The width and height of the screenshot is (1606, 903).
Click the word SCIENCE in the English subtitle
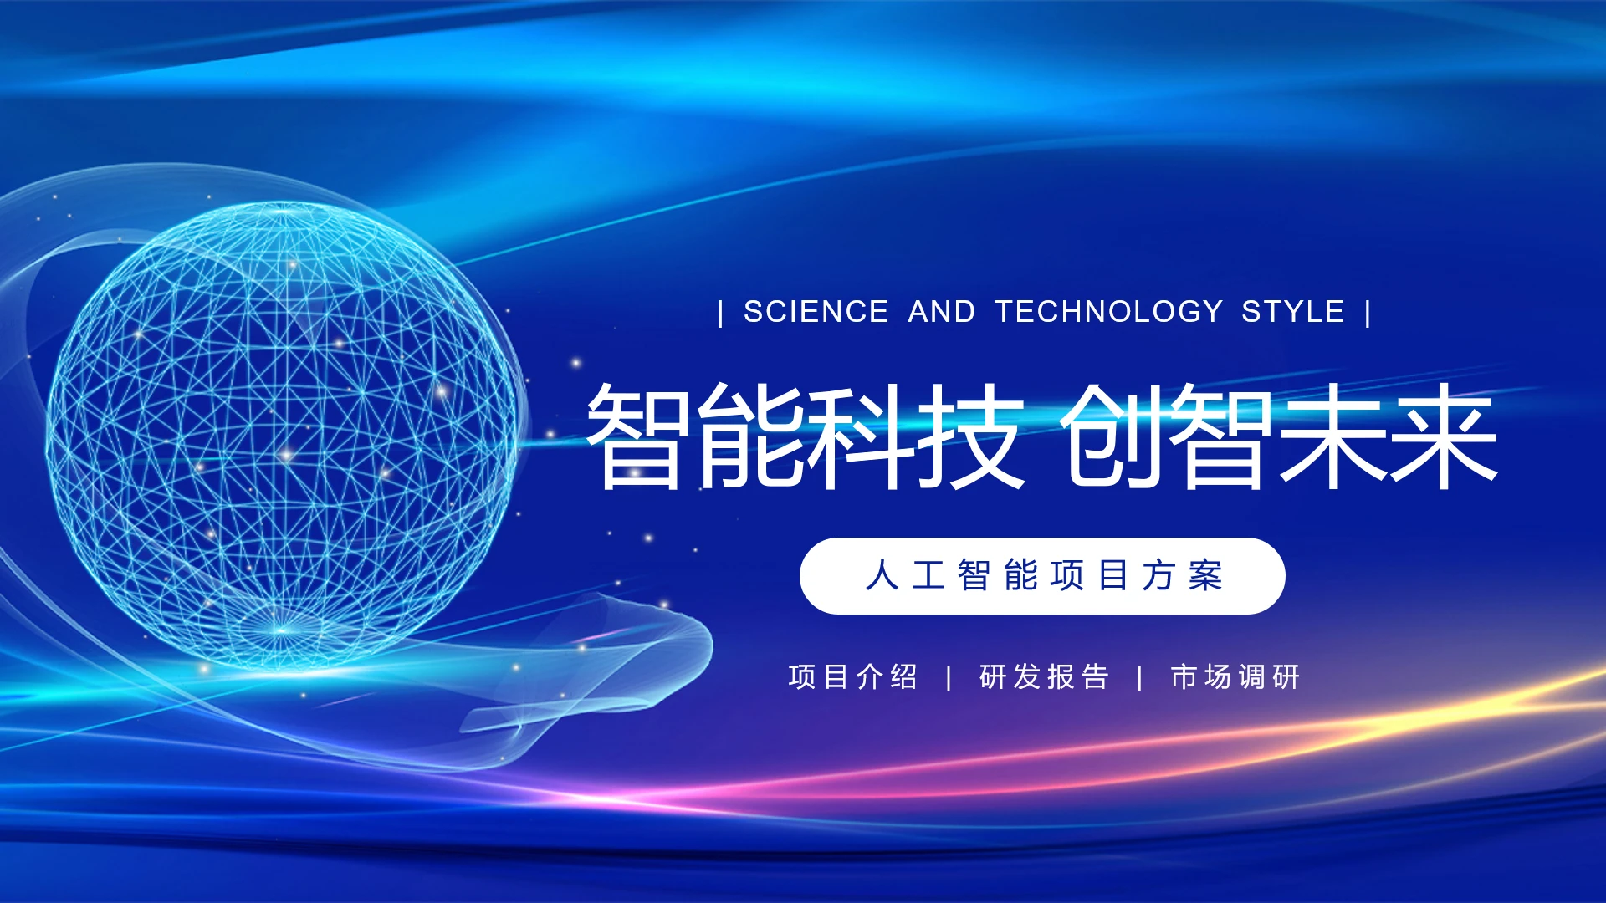(x=816, y=312)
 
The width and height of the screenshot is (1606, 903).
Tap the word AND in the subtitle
(x=942, y=312)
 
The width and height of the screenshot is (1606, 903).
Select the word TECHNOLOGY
(x=1109, y=312)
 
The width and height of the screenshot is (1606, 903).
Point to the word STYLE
(x=1293, y=312)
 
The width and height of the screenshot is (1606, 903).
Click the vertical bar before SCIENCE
(x=721, y=314)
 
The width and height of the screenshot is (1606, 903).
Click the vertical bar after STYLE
(x=1368, y=314)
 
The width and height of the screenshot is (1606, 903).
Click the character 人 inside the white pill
(x=882, y=576)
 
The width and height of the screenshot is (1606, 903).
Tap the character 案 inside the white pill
(x=1205, y=576)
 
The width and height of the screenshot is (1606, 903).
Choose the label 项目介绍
(x=853, y=676)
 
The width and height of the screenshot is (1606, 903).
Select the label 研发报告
(x=1044, y=676)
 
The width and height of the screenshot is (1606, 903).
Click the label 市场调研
(x=1235, y=676)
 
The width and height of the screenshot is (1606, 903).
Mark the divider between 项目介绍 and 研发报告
(x=949, y=678)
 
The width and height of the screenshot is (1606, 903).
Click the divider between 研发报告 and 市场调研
(x=1140, y=678)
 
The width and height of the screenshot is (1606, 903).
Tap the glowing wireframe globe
(x=283, y=435)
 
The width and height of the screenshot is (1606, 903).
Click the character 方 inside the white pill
(x=1159, y=576)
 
